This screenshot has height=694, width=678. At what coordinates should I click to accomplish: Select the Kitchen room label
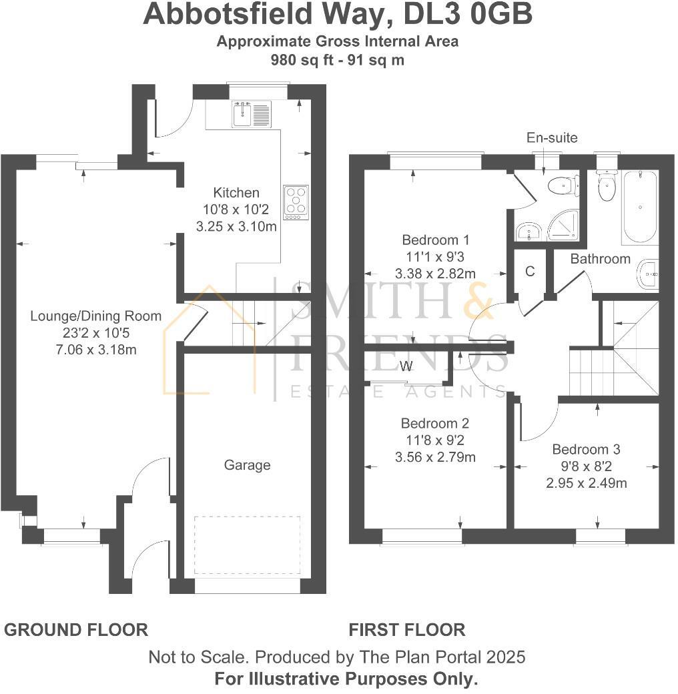236,193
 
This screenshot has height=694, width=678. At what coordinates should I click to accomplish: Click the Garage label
247,464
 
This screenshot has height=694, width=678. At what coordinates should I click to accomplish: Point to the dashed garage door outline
247,545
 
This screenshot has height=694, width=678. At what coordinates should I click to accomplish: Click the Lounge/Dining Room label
96,316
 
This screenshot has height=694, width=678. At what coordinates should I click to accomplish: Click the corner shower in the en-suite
565,228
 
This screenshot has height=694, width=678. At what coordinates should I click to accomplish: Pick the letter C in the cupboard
530,271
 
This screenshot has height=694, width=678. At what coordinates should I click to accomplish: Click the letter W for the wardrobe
406,366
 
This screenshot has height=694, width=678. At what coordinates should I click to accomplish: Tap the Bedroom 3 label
581,449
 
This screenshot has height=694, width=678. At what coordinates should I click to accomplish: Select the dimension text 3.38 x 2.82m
435,273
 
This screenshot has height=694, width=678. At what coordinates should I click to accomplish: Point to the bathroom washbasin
648,274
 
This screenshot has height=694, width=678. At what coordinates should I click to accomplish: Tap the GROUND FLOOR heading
76,629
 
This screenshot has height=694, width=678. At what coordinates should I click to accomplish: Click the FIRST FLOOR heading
406,629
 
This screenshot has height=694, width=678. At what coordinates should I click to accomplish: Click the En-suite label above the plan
552,138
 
